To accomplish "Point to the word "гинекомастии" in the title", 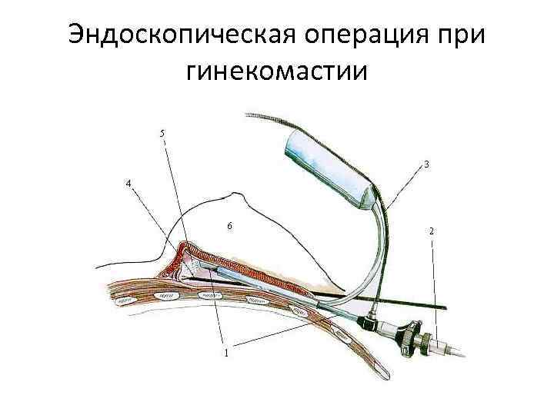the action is pos(277,72).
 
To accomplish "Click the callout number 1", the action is pos(225,354).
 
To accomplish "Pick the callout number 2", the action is pos(431,231).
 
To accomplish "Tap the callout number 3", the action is pos(426,164).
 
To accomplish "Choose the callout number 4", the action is pos(128,183).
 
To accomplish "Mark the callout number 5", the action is pos(162,134).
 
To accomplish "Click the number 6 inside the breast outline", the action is pos(229,226).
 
